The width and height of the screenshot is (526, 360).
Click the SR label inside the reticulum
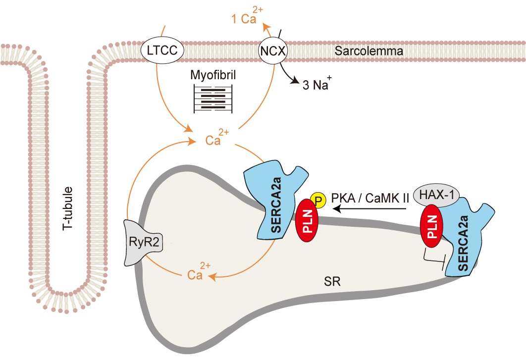[331, 282]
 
